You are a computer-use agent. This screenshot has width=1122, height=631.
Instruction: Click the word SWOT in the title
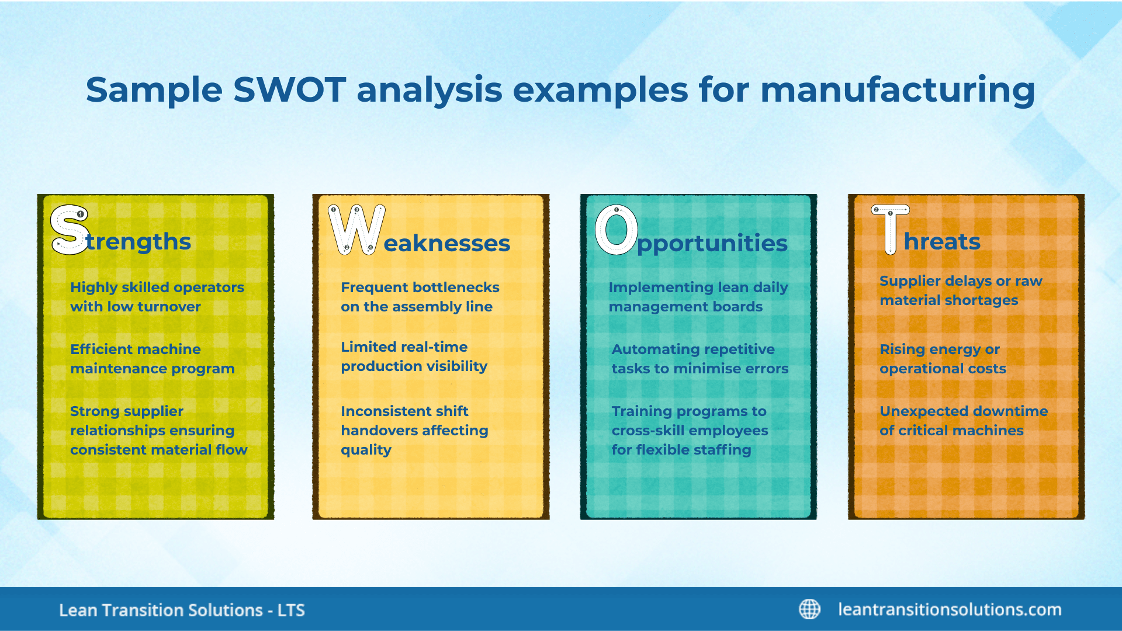(x=289, y=91)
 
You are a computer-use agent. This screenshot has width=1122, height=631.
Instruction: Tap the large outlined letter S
(x=70, y=230)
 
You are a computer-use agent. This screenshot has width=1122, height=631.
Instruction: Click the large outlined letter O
(x=616, y=230)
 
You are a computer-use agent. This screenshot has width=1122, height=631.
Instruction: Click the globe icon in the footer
(x=809, y=609)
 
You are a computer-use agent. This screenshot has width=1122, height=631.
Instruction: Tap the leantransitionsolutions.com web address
(x=950, y=609)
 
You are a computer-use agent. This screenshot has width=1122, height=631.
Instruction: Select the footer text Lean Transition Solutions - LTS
(x=182, y=611)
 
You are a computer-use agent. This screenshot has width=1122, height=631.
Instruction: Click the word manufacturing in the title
(x=897, y=91)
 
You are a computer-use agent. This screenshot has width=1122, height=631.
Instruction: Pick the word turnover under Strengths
(x=169, y=307)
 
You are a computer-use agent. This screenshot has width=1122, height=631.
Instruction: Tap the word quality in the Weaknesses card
(x=366, y=450)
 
